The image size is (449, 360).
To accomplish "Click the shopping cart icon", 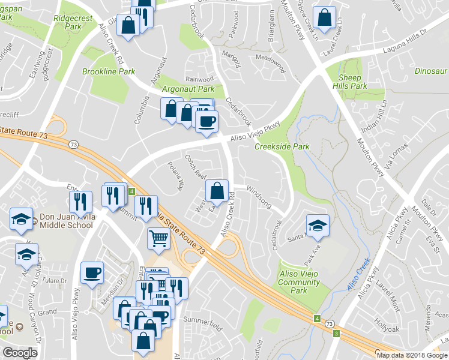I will pos(158,238).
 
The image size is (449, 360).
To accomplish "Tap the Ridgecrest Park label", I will pos(73,22).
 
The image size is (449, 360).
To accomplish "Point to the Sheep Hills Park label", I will pos(350,82).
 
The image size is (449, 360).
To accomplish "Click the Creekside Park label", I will pos(282,146).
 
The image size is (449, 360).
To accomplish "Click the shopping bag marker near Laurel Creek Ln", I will pos(324,19).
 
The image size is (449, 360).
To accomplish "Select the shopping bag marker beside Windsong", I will pos(217,191).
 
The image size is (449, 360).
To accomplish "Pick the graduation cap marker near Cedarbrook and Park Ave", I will pos(318,225).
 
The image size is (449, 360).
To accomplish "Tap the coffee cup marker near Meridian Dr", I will pos(92,272).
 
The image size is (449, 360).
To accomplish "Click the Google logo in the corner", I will pos(20,353).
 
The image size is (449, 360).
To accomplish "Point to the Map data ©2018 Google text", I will pos(411,355).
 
